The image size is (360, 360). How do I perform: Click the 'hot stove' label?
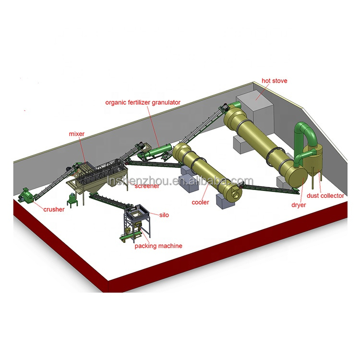tap(274, 81)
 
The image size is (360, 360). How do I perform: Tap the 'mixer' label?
tap(77, 134)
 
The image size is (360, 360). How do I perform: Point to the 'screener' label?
tap(147, 186)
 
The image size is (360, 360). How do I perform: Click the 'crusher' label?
tap(54, 209)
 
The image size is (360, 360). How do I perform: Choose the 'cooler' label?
tap(201, 203)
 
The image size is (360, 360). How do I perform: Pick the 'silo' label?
tap(164, 215)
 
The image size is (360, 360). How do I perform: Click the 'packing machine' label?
tap(158, 246)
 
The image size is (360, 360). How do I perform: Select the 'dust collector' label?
tap(326, 195)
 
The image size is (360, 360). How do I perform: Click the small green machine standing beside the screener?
tap(73, 199)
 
